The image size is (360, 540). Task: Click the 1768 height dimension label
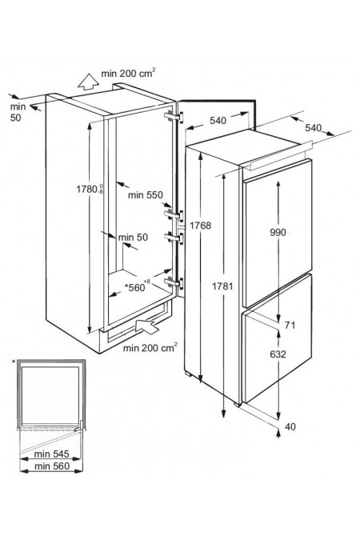200,226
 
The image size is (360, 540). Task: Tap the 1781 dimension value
222,286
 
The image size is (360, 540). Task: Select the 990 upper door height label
278,233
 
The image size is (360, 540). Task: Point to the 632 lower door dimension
278,354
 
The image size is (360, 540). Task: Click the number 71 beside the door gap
290,325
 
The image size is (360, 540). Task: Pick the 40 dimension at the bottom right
290,426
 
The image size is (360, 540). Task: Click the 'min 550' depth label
145,195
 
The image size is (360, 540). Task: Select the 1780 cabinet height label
90,189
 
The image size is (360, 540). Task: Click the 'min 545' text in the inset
52,454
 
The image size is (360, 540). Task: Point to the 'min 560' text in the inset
52,466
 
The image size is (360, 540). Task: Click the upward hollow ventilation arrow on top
88,82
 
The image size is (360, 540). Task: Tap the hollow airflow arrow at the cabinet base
147,326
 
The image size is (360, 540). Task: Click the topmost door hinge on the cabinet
174,116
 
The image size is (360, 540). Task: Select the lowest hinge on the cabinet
174,282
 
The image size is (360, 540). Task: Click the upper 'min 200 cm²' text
128,73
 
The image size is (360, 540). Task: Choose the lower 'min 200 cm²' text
150,347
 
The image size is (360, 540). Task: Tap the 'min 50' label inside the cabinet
133,238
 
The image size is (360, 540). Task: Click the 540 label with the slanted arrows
313,128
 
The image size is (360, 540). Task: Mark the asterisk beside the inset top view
14,362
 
